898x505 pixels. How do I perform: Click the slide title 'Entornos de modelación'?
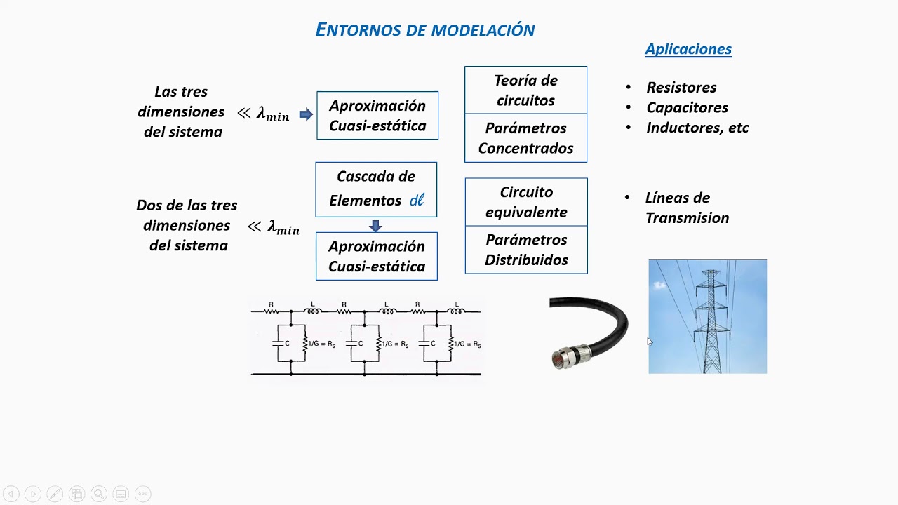[x=425, y=29]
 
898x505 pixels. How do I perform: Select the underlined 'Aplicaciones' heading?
[x=688, y=49]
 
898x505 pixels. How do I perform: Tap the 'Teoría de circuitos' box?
[x=525, y=90]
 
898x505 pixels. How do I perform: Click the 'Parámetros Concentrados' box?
[x=525, y=138]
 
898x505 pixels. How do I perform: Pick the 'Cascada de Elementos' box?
[x=376, y=189]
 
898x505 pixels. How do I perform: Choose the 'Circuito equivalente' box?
[x=526, y=202]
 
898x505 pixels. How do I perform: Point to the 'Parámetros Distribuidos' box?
[x=526, y=250]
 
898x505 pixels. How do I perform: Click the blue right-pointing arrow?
[x=306, y=114]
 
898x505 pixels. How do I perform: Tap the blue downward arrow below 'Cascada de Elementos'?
[x=375, y=226]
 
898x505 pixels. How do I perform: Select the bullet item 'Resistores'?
[x=681, y=88]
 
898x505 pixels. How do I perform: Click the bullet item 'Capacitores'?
[x=687, y=107]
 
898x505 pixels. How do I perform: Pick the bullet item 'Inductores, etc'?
[x=697, y=128]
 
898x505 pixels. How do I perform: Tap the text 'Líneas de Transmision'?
[x=687, y=208]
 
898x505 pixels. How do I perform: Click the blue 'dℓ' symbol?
[x=417, y=201]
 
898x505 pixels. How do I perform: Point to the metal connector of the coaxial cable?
[x=564, y=358]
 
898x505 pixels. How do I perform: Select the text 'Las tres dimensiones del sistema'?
[x=181, y=112]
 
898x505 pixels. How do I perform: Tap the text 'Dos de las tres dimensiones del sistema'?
[x=187, y=225]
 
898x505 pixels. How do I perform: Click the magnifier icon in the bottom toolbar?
[x=98, y=494]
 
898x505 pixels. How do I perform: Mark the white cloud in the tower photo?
[x=659, y=285]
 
